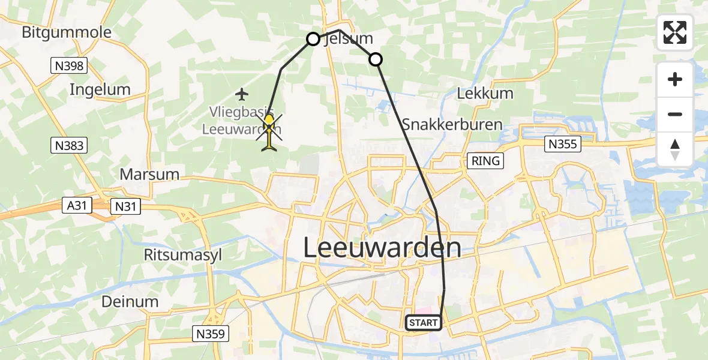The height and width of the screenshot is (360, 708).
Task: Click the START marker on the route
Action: (x=424, y=323)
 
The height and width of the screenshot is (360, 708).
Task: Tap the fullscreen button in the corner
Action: (x=675, y=32)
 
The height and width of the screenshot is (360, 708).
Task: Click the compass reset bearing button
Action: (x=675, y=149)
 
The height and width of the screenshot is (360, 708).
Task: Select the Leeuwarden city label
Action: (x=382, y=248)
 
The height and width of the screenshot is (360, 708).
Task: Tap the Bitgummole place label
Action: (x=67, y=32)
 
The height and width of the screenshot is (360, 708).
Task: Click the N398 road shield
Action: (x=68, y=65)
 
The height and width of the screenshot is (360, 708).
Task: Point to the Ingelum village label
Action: (x=100, y=90)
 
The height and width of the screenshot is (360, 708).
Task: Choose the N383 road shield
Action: (x=68, y=145)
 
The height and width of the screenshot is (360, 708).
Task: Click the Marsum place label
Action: (x=149, y=175)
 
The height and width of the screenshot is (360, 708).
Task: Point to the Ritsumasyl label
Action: (x=183, y=255)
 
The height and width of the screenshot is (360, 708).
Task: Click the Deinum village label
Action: (x=130, y=301)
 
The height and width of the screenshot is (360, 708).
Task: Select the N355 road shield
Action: (x=563, y=144)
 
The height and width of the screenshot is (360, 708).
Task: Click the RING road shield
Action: (x=485, y=161)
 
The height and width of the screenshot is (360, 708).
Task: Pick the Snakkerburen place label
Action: (x=452, y=125)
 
